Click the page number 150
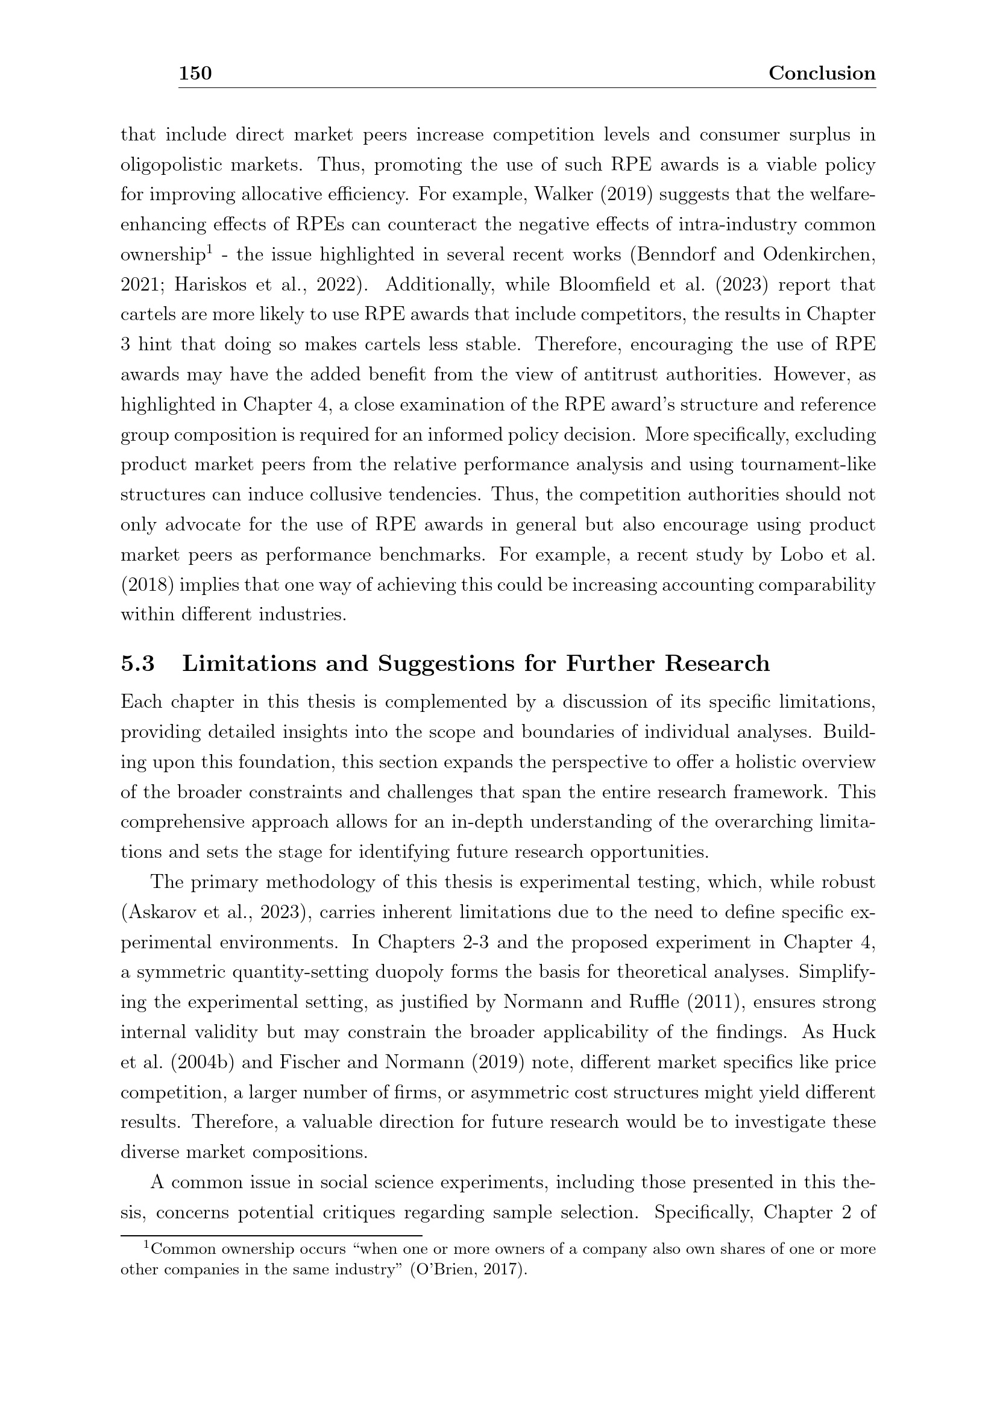pos(195,74)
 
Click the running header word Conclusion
pos(822,74)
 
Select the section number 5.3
pos(137,664)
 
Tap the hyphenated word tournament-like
pos(808,464)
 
